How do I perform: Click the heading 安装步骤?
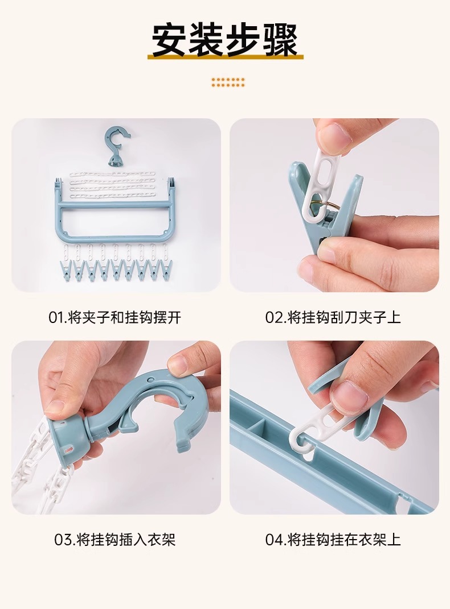tap(225, 40)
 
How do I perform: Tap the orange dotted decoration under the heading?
tap(228, 82)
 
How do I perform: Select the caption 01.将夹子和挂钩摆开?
tap(114, 317)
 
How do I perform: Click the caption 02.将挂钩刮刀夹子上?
tap(333, 317)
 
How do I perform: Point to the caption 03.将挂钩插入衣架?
tap(114, 540)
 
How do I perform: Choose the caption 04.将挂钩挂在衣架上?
tap(333, 540)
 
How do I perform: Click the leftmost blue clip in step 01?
tap(64, 270)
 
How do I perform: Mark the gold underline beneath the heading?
tap(225, 57)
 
